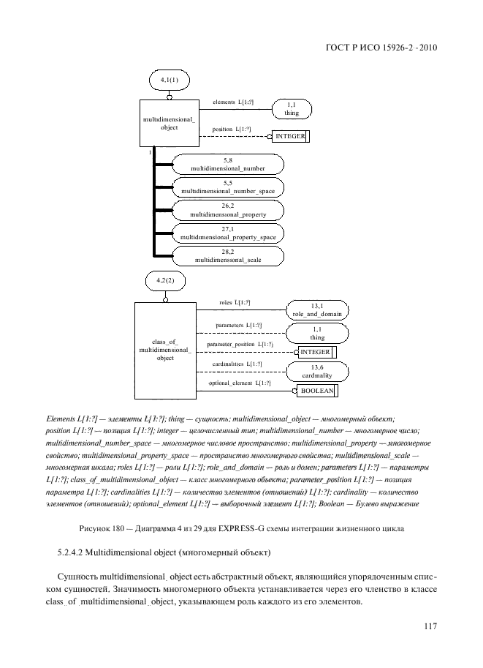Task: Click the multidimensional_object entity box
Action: [169, 123]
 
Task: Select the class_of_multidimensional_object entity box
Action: [165, 349]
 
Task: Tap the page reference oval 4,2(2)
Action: [166, 281]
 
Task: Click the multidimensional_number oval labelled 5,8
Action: [227, 165]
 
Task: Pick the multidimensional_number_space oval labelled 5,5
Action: [227, 188]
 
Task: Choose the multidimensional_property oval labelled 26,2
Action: [227, 211]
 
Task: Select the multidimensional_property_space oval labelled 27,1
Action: [227, 234]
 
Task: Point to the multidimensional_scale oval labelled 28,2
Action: [227, 257]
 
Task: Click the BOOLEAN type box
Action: [316, 391]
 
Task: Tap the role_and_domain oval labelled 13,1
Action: [317, 309]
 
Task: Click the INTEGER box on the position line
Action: [290, 136]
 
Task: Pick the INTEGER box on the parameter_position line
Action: [316, 352]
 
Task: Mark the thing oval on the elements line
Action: [292, 110]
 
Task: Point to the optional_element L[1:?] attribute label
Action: [240, 383]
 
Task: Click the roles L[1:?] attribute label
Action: [235, 302]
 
